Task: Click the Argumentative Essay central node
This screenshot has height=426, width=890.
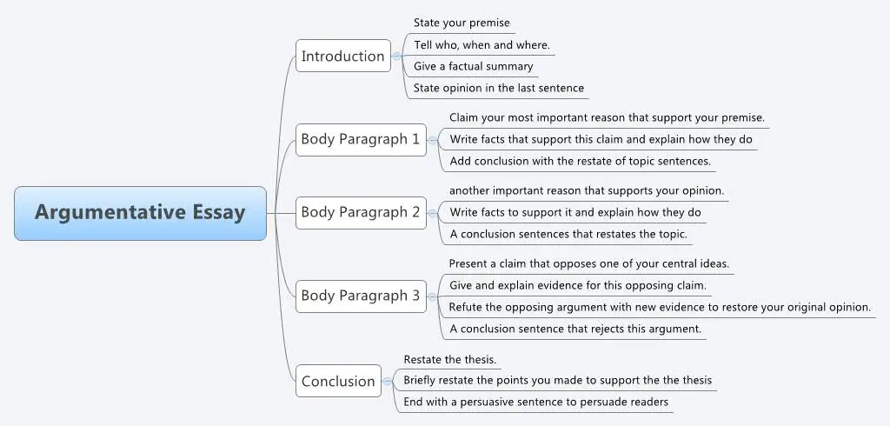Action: coord(140,213)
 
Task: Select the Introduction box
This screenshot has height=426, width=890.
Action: coord(342,57)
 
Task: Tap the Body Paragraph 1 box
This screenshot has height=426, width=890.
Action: coord(360,139)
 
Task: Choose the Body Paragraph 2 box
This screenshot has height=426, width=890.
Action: coord(360,212)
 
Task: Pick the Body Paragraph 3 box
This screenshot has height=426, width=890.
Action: coord(360,296)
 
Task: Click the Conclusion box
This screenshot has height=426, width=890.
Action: coord(338,381)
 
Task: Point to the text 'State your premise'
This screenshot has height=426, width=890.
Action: coord(462,23)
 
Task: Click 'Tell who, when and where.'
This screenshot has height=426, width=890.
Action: coord(482,44)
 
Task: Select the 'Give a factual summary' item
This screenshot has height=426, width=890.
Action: coord(473,66)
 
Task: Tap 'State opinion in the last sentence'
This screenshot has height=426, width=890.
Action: coord(498,88)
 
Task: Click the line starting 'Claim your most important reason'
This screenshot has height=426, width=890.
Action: coord(607,117)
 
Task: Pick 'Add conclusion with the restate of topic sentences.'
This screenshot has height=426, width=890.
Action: coord(580,161)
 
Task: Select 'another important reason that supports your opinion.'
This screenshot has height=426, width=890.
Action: coord(587,190)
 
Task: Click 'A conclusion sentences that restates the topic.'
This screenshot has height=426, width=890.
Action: coord(568,234)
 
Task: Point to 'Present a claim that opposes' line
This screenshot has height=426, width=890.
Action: coord(588,263)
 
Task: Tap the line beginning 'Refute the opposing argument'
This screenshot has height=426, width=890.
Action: coord(660,307)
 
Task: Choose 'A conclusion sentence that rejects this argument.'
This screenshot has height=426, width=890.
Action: coord(575,329)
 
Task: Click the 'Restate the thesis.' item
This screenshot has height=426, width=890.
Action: coord(450,358)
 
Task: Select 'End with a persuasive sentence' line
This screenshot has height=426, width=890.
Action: coord(535,402)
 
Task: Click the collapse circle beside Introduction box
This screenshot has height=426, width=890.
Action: coord(397,57)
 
